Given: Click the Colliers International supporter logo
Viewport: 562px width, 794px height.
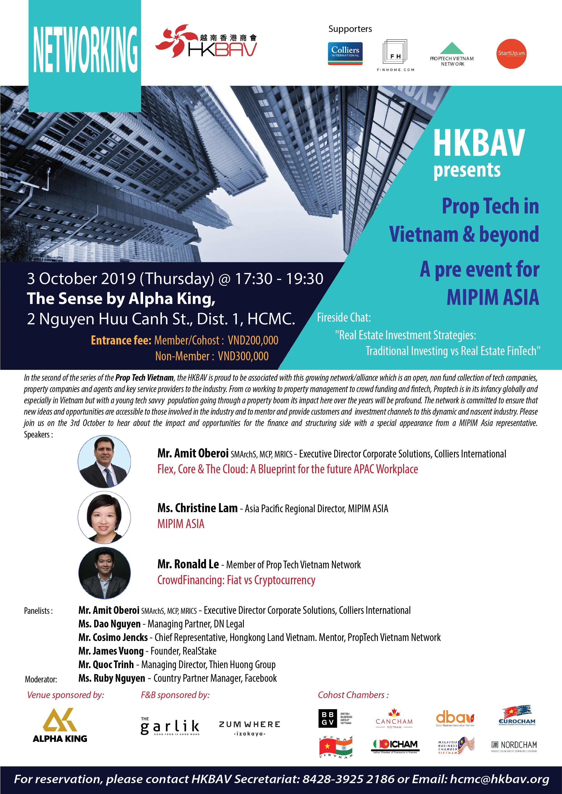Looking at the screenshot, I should (x=345, y=53).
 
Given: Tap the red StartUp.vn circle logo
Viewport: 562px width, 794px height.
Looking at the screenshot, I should (x=511, y=54).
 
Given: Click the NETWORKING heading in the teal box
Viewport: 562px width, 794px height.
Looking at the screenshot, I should (x=85, y=49).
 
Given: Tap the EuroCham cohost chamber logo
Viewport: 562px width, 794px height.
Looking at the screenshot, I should (x=517, y=716).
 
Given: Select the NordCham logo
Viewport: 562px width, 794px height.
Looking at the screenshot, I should (x=514, y=746).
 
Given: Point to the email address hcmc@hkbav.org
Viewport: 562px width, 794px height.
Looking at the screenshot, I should (x=499, y=779).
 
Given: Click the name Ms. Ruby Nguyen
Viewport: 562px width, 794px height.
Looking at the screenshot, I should (x=112, y=678).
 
